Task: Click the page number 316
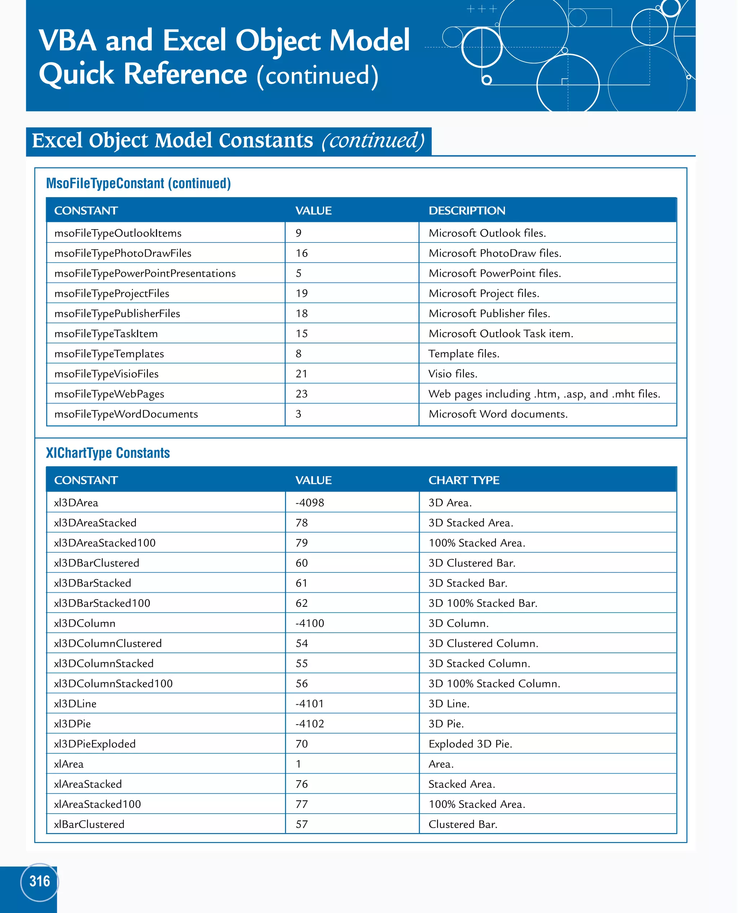click(x=40, y=881)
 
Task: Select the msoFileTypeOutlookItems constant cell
click(x=118, y=233)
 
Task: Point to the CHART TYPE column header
click(x=464, y=480)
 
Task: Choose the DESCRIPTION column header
click(x=467, y=211)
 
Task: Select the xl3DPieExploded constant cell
click(x=95, y=744)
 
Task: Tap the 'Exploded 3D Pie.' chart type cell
click(x=470, y=744)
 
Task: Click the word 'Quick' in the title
click(x=76, y=74)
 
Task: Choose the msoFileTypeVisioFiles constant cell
click(x=106, y=374)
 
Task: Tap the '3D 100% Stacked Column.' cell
click(x=494, y=683)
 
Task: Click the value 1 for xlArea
click(x=298, y=764)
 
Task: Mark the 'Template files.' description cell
click(x=464, y=354)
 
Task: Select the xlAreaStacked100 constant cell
click(x=97, y=804)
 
